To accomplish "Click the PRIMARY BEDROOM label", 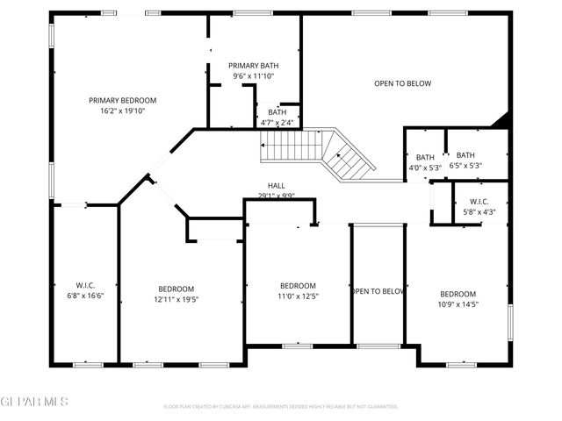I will pyautogui.click(x=122, y=100).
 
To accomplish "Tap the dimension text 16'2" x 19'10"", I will pyautogui.click(x=122, y=111).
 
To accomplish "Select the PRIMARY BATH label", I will pyautogui.click(x=253, y=66).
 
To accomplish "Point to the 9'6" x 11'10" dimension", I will pyautogui.click(x=253, y=76).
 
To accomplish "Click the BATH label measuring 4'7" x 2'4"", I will pyautogui.click(x=277, y=111).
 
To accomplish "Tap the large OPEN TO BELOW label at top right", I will pyautogui.click(x=402, y=83).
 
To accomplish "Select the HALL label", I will pyautogui.click(x=276, y=186).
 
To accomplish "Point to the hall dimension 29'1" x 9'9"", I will pyautogui.click(x=276, y=196).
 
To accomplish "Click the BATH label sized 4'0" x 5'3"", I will pyautogui.click(x=425, y=157).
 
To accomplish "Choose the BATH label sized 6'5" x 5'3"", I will pyautogui.click(x=465, y=155).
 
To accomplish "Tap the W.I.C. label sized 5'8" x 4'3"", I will pyautogui.click(x=478, y=201).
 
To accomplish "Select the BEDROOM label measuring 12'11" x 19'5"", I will pyautogui.click(x=176, y=289).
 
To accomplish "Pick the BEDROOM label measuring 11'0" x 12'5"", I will pyautogui.click(x=298, y=286).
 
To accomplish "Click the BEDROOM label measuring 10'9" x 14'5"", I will pyautogui.click(x=458, y=294).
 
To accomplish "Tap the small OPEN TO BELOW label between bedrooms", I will pyautogui.click(x=378, y=291).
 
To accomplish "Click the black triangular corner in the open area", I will pyautogui.click(x=502, y=121).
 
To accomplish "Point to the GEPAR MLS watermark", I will pyautogui.click(x=33, y=402).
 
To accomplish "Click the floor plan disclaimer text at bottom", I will pyautogui.click(x=281, y=406).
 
